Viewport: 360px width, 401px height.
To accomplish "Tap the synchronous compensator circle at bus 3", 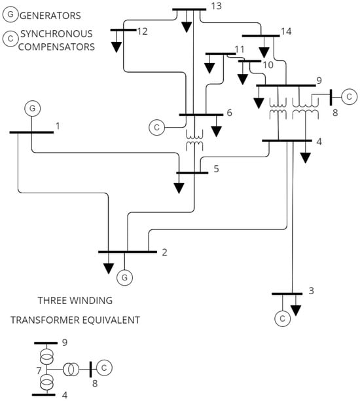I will point(283,318).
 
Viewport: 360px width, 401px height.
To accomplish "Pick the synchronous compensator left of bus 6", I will point(157,127).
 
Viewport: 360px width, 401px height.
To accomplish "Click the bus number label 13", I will point(217,7).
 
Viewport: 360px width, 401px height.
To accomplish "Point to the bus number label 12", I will point(143,31).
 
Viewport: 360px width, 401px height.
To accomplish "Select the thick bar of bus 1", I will point(31,132).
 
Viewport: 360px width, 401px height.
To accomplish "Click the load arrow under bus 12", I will point(117,47).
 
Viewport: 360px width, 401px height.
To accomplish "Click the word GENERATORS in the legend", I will point(53,14).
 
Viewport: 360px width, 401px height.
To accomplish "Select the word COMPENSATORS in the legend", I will point(57,47).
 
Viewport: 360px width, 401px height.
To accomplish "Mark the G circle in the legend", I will point(11,14).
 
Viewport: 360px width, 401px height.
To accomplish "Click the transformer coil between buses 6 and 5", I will point(194,144).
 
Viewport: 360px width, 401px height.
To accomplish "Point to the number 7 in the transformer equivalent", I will point(39,370).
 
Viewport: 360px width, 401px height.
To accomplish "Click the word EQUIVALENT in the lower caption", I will point(109,320).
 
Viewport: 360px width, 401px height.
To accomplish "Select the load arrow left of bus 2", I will point(107,267).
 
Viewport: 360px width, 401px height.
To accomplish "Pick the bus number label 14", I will point(286,31).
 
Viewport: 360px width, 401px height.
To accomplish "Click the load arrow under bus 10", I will point(243,78).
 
